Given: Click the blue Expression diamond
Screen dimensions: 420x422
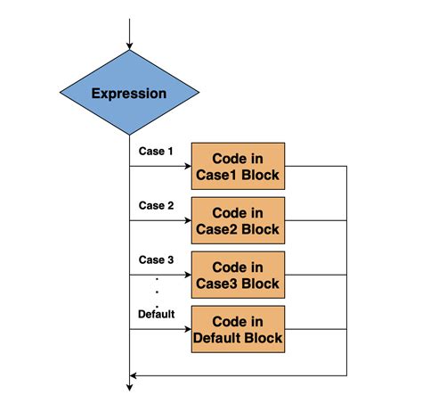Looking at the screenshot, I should click(130, 94).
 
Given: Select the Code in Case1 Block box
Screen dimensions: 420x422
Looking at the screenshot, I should click(238, 166).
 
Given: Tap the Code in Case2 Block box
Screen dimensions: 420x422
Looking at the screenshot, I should click(238, 221).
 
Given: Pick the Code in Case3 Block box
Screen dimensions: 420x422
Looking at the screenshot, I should click(238, 275).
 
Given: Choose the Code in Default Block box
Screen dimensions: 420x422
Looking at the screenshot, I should click(238, 329).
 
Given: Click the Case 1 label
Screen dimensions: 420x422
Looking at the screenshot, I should click(156, 151).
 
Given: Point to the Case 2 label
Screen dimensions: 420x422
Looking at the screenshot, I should click(156, 205).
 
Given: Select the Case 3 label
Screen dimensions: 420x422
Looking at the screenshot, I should click(156, 259).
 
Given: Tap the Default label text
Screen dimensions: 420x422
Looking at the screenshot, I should click(157, 314).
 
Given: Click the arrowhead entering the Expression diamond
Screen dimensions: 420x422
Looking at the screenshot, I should click(130, 45).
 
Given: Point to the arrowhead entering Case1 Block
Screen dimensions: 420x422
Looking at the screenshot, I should click(187, 166).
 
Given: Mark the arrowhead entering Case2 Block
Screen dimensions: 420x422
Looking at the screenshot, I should click(187, 221).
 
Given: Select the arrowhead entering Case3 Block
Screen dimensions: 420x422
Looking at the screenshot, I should click(187, 275).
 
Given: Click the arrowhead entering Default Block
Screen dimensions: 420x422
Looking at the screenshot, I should click(187, 329).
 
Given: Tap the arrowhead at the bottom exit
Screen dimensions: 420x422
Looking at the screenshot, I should click(130, 386).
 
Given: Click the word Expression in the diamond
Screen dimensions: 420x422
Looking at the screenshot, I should click(130, 94).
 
